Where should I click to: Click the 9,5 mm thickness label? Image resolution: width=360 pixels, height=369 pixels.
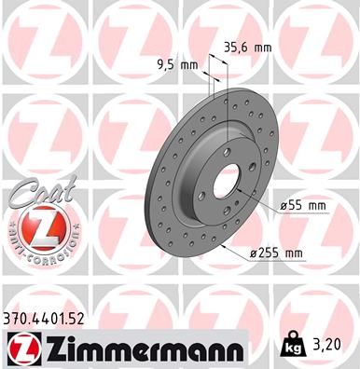pyautogui.click(x=174, y=65)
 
